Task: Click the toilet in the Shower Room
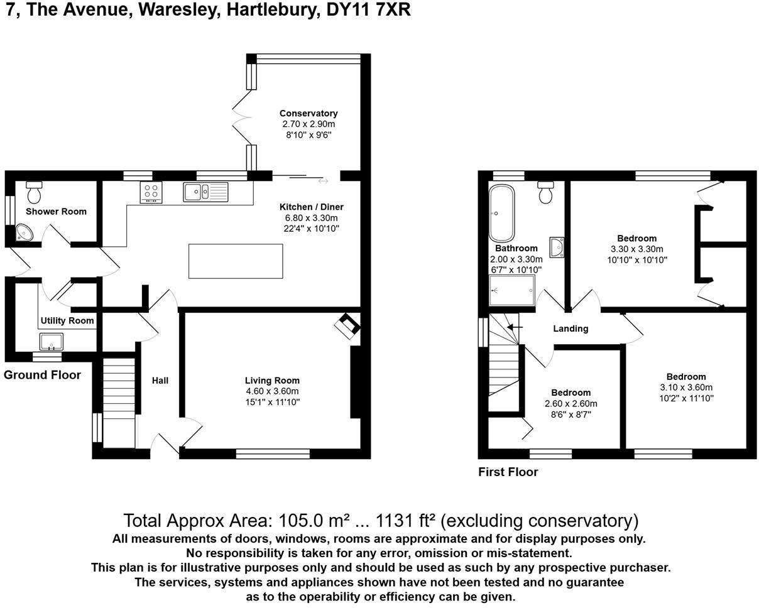click(x=34, y=190)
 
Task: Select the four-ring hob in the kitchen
click(x=151, y=192)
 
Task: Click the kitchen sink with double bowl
click(x=205, y=192)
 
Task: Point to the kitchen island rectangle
click(x=236, y=261)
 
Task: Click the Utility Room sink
click(x=51, y=342)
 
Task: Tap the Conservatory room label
click(x=309, y=113)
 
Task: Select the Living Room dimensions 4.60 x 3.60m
click(x=272, y=391)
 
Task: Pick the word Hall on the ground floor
click(x=160, y=380)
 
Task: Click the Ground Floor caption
click(x=42, y=375)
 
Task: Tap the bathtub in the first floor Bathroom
click(x=501, y=214)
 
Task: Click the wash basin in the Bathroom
click(x=557, y=247)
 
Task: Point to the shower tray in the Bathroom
click(x=512, y=290)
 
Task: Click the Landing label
click(x=571, y=328)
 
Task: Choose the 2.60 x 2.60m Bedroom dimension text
click(x=571, y=403)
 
